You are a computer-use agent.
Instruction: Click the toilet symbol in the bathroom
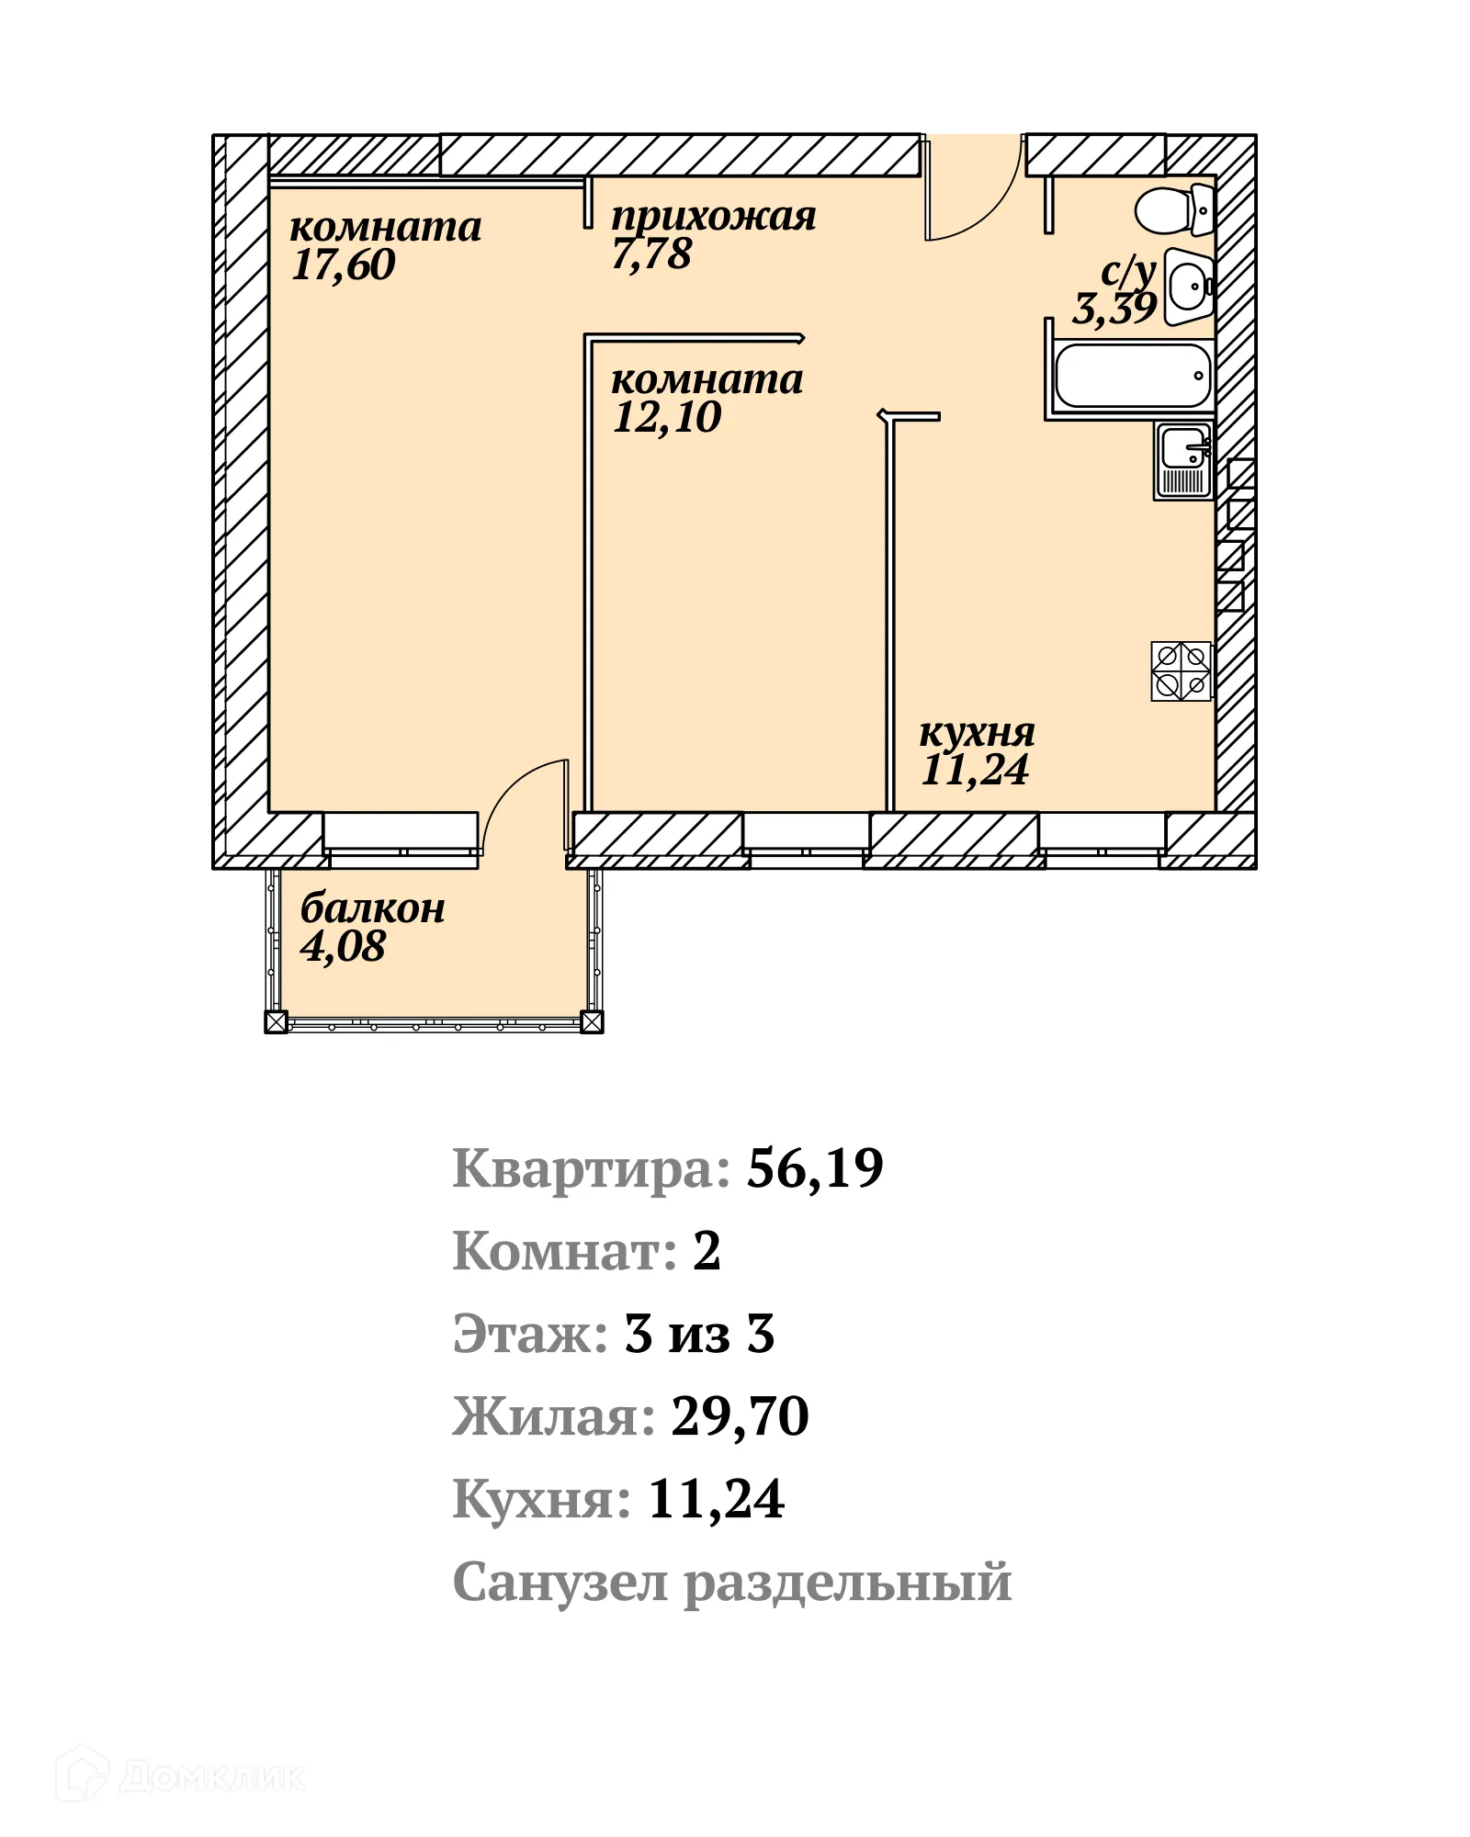1173,211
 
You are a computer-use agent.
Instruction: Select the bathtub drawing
1132,376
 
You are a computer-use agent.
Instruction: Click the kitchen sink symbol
1183,461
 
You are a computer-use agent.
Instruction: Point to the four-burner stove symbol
1181,671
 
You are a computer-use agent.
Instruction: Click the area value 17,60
343,265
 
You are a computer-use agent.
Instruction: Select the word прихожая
713,217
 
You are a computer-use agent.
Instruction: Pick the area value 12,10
667,418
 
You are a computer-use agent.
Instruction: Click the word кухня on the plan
977,733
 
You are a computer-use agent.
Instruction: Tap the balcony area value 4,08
343,947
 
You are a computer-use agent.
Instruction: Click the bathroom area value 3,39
1114,309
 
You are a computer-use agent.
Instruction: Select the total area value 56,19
814,1169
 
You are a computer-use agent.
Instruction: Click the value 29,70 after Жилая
740,1417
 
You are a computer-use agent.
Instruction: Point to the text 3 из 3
699,1335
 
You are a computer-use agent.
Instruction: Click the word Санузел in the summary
560,1583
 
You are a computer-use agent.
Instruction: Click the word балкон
372,908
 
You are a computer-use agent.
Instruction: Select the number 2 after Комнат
706,1252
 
